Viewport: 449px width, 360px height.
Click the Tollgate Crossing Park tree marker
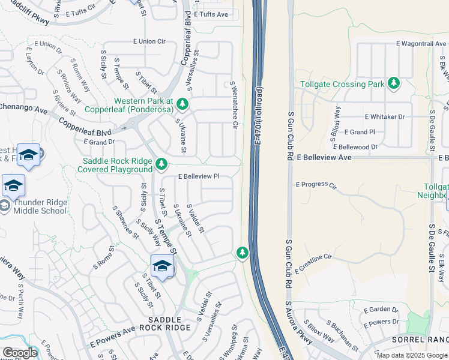click(394, 83)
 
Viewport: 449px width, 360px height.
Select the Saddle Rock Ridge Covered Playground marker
click(161, 164)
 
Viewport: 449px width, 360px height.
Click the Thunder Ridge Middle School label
click(37, 206)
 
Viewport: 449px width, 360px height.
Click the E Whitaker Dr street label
click(384, 117)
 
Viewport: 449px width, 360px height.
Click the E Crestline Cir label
click(313, 263)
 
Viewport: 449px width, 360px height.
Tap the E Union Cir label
click(149, 41)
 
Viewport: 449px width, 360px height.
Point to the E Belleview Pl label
click(199, 177)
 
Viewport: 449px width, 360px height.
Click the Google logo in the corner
click(20, 353)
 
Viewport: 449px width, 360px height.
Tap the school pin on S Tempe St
click(163, 265)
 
